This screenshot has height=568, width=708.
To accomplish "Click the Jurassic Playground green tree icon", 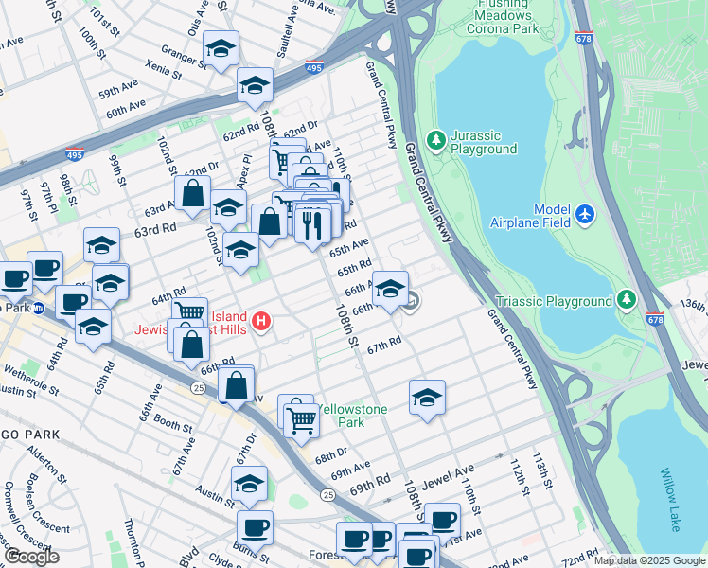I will pyautogui.click(x=435, y=140).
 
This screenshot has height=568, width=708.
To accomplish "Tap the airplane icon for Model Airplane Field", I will pyautogui.click(x=585, y=215).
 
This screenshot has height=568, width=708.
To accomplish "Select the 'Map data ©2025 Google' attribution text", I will pyautogui.click(x=649, y=560).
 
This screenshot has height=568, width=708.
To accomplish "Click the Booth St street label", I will pyautogui.click(x=173, y=426).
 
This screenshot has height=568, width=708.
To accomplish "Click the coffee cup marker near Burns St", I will pyautogui.click(x=254, y=527).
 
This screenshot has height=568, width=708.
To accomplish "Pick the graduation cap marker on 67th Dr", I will pyautogui.click(x=249, y=484).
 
